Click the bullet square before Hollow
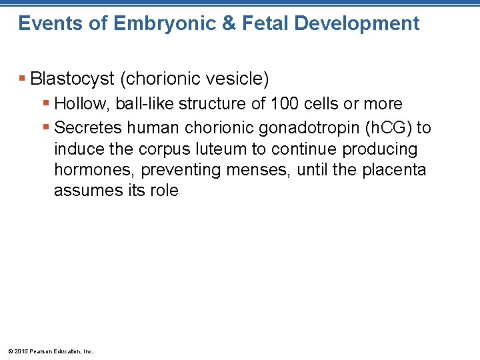coord(47,104)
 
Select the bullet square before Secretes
coord(47,127)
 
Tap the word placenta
coord(394,170)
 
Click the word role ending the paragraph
coord(164,191)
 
